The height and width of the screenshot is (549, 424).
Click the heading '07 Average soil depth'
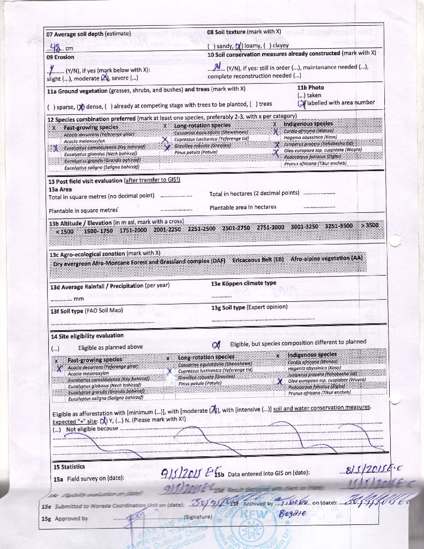tap(88, 34)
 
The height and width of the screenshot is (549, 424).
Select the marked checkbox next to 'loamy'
tap(239, 46)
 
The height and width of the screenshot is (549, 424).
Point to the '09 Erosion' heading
tap(60, 57)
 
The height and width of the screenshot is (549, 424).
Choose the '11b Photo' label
tap(310, 87)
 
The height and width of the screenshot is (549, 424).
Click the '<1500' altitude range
tap(64, 231)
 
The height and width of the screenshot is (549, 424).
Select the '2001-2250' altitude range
tap(168, 229)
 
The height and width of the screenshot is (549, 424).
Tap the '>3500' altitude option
tap(369, 225)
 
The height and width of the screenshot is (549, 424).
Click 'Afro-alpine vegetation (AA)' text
tap(326, 258)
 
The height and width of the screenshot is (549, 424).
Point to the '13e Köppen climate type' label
tap(244, 283)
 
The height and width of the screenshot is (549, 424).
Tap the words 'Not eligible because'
tap(92, 428)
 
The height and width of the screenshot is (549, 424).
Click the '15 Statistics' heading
tap(69, 467)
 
